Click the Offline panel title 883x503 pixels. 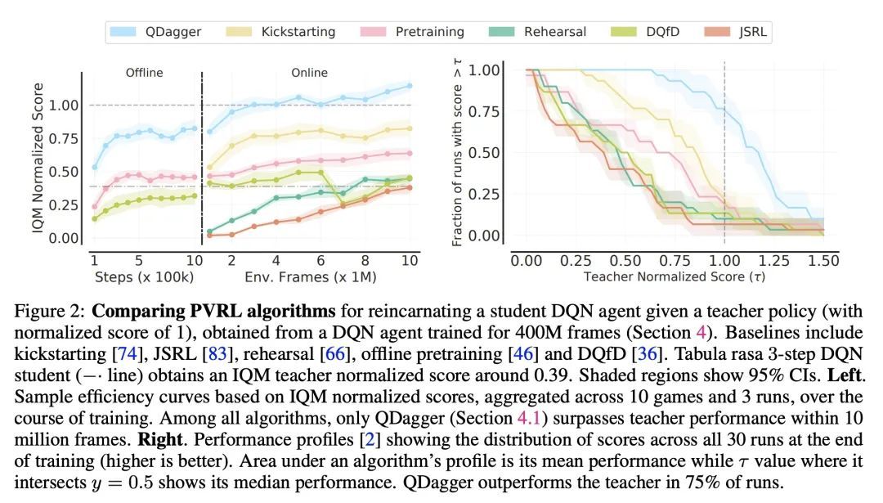pyautogui.click(x=144, y=73)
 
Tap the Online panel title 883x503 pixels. pyautogui.click(x=309, y=73)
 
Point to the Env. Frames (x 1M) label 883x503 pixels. pyautogui.click(x=310, y=277)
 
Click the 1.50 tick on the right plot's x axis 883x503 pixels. pyautogui.click(x=823, y=260)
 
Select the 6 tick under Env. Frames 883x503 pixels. pyautogui.click(x=320, y=261)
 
